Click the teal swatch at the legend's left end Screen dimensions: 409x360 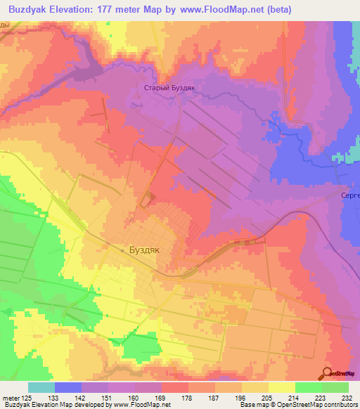coord(41,387)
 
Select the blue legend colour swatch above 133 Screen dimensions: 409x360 coord(68,387)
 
